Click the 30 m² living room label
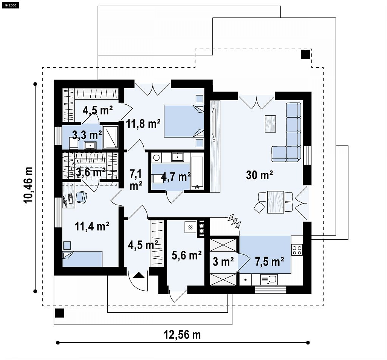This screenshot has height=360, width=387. tap(259, 175)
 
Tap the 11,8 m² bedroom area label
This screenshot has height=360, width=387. tap(143, 123)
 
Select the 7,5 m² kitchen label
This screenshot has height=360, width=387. tap(269, 261)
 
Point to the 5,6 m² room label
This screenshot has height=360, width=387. tap(187, 255)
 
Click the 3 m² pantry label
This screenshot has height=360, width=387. tap(223, 261)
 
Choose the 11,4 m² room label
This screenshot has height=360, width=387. tap(92, 226)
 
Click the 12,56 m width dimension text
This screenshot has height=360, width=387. tap(183, 335)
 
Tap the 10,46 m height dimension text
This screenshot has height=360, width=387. tap(28, 185)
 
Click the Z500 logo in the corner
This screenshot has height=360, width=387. tap(10, 5)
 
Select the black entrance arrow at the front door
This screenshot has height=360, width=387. tap(139, 275)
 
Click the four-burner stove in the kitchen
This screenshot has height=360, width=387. tap(297, 250)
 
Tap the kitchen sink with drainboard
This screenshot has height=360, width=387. tap(269, 279)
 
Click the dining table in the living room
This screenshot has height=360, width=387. tap(276, 202)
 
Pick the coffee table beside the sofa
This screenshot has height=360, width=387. tap(270, 124)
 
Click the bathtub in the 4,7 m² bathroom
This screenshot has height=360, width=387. tap(197, 173)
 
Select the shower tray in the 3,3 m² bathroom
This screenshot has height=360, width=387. tap(110, 137)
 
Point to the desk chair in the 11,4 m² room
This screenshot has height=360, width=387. tap(81, 197)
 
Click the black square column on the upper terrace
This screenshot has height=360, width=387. tap(305, 54)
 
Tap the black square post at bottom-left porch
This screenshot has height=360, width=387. tap(59, 313)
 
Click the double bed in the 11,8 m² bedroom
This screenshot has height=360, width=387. tap(184, 121)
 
